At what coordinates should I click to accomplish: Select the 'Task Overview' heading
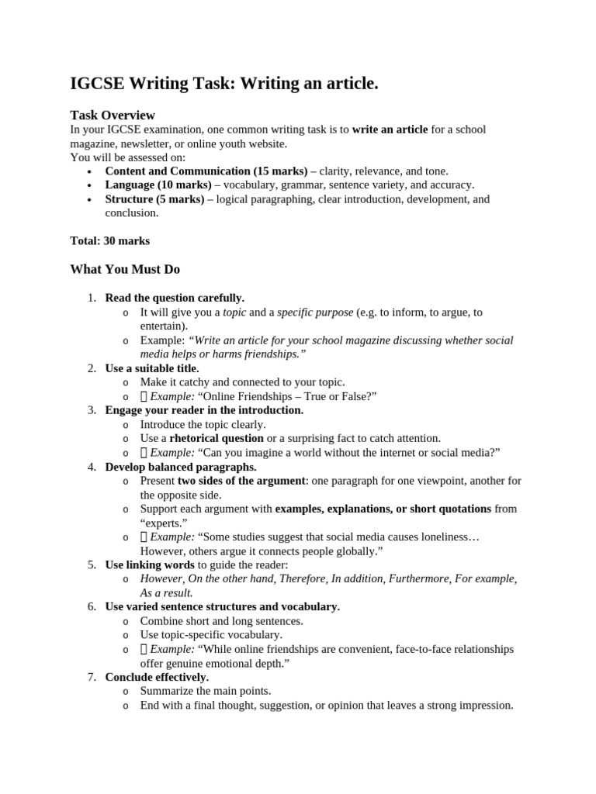(x=113, y=115)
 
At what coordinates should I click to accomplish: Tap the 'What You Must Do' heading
(x=125, y=269)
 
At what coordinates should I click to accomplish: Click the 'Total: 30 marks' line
(x=110, y=240)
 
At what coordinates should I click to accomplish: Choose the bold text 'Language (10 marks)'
(x=158, y=185)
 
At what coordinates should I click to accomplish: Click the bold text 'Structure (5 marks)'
(x=154, y=199)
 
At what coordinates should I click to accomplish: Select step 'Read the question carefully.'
(x=175, y=298)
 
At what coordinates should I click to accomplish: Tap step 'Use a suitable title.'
(x=152, y=368)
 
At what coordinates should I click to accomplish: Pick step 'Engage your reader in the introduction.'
(x=204, y=410)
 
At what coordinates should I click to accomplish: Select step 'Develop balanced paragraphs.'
(x=181, y=467)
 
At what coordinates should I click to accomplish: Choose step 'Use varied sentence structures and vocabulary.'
(x=222, y=606)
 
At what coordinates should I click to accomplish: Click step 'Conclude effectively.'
(x=157, y=677)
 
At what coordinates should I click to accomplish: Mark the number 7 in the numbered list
(x=91, y=677)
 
